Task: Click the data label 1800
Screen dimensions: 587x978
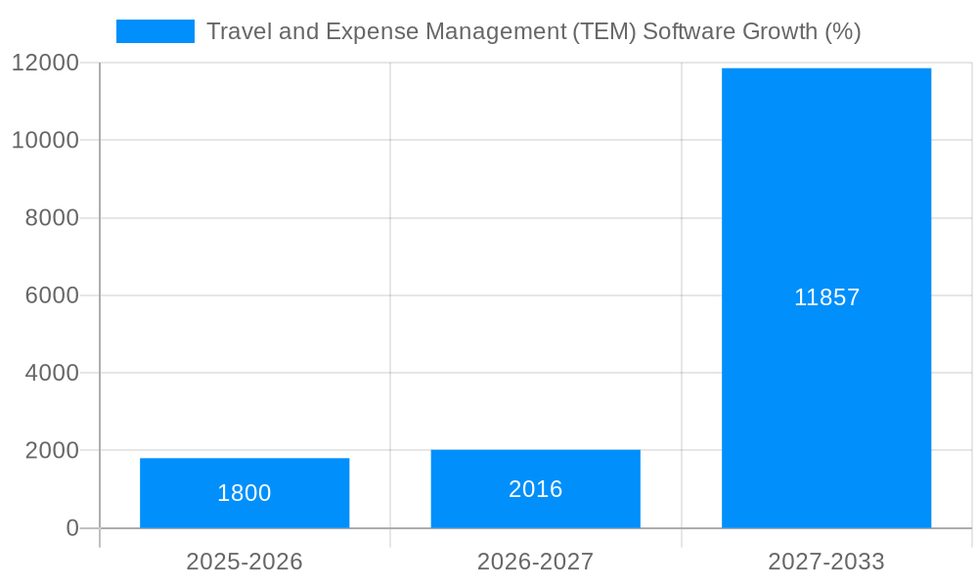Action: pyautogui.click(x=244, y=493)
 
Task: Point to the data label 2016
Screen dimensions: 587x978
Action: pyautogui.click(x=535, y=489)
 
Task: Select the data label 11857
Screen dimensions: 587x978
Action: pyautogui.click(x=826, y=297)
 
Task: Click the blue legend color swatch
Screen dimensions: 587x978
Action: pyautogui.click(x=155, y=31)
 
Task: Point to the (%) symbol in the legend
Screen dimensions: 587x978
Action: pyautogui.click(x=842, y=31)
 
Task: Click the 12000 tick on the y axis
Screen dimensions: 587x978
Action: pyautogui.click(x=45, y=63)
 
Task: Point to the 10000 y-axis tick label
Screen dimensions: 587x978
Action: pyautogui.click(x=45, y=140)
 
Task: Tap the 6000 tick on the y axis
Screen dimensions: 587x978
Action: pyautogui.click(x=52, y=295)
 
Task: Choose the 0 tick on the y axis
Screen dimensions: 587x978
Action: pyautogui.click(x=72, y=528)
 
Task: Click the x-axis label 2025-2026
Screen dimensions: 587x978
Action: pyautogui.click(x=244, y=562)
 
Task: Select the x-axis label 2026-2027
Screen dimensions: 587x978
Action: pyautogui.click(x=535, y=562)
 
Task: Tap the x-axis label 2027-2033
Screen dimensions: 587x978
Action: pyautogui.click(x=826, y=562)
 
